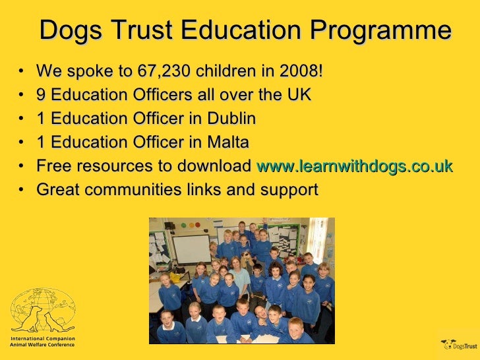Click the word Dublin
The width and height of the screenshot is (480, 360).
pos(231,119)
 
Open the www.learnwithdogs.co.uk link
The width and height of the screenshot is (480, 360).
pos(354,166)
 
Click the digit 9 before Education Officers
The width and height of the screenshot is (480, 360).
pos(41,95)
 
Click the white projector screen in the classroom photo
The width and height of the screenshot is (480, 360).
pos(191,249)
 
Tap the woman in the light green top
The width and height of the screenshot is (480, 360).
pos(239,278)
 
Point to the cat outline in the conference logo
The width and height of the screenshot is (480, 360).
pos(55,320)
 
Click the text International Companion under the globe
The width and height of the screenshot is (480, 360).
pos(42,338)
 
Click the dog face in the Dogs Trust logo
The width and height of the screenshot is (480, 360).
pos(448,344)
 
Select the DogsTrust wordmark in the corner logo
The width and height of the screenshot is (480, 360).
pos(465,345)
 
